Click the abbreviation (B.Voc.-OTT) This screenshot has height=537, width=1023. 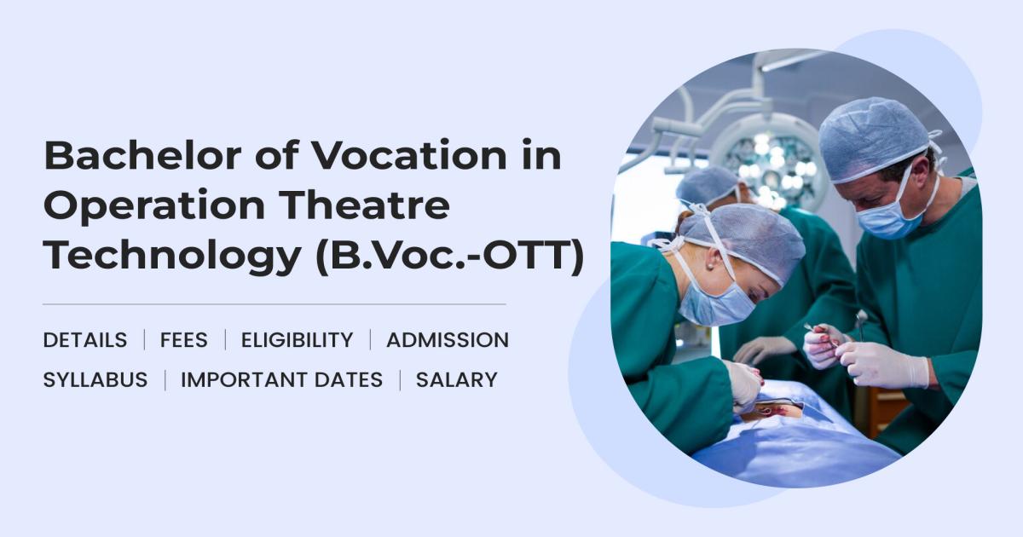tap(450, 257)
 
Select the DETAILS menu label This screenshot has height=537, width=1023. tap(84, 340)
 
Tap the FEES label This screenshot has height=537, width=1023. tap(183, 340)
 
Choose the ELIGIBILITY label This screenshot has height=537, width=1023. tap(297, 340)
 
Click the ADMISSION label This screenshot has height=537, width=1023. tap(447, 340)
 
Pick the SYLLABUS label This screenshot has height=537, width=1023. tap(95, 380)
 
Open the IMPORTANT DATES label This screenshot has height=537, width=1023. tap(281, 380)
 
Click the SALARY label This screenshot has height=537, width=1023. tap(456, 380)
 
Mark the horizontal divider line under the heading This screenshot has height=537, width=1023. tap(274, 303)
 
